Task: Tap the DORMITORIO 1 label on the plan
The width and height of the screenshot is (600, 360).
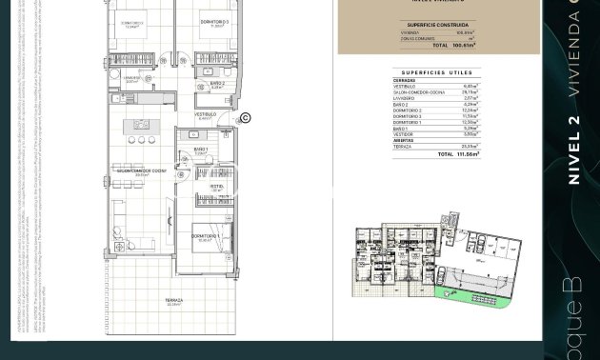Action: [205, 235]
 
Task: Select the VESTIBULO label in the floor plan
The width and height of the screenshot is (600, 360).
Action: [205, 114]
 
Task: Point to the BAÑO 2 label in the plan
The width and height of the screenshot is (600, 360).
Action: [216, 84]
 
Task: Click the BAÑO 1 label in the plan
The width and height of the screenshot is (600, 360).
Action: [201, 150]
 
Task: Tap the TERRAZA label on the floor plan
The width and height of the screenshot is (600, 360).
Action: [173, 301]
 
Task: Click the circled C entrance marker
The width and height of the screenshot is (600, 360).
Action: [245, 118]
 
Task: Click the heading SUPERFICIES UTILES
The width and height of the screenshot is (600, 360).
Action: [436, 72]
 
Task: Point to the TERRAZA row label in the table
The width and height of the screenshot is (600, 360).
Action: [404, 147]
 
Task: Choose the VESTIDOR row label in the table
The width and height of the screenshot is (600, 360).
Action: [405, 134]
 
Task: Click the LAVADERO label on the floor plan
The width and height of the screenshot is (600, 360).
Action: [132, 78]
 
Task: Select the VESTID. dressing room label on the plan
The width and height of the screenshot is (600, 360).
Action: [216, 187]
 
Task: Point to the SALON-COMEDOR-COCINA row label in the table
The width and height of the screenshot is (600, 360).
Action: [419, 92]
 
